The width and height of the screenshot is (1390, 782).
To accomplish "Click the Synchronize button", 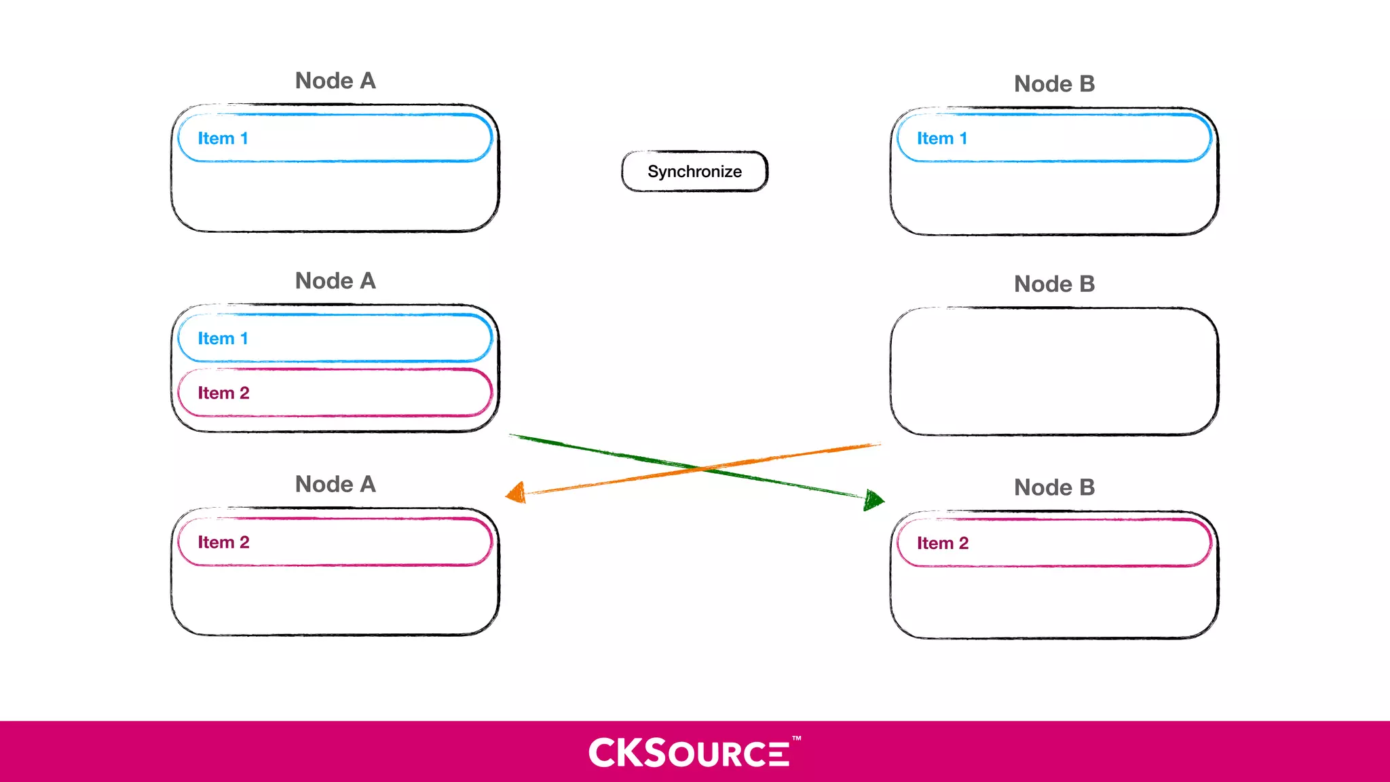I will [694, 172].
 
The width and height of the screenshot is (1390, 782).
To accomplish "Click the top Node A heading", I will [335, 81].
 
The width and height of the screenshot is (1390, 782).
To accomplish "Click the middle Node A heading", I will [335, 281].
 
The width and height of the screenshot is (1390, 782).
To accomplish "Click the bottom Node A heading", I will [335, 485].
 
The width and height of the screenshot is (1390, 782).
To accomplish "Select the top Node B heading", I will [1054, 84].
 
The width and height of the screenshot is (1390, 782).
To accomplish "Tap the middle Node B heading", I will [1054, 284].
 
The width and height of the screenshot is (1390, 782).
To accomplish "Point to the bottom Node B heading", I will [1054, 487].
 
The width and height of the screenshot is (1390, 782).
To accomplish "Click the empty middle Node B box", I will [1054, 371].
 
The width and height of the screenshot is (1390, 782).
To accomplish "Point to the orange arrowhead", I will [517, 493].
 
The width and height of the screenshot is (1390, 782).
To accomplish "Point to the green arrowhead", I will [874, 500].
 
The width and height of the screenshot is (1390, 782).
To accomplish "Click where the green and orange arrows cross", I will [699, 468].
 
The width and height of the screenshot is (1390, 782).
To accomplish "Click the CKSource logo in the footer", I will [689, 753].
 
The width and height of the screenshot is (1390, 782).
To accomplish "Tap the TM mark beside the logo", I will [797, 738].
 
